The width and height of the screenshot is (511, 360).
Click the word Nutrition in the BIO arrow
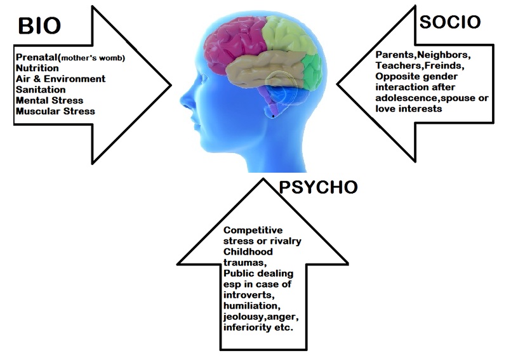[37, 67]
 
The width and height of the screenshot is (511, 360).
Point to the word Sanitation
[41, 90]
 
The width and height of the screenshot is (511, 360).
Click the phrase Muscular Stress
[56, 111]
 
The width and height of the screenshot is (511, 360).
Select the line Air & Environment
[61, 79]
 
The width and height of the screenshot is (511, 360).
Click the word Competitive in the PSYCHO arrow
[253, 230]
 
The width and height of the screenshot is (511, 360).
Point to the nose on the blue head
[183, 100]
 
